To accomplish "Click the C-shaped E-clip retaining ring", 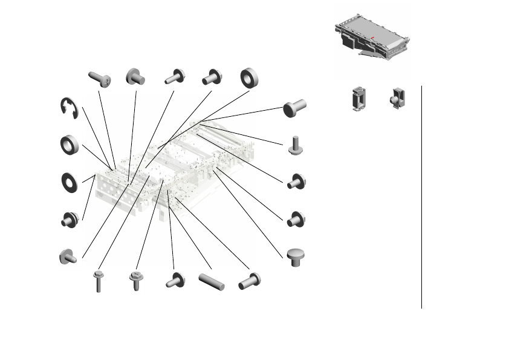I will pyautogui.click(x=68, y=108).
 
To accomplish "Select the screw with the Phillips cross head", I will pyautogui.click(x=99, y=79).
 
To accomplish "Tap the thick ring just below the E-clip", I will pyautogui.click(x=70, y=145).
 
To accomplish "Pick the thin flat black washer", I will pyautogui.click(x=70, y=182).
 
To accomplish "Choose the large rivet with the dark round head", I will pyautogui.click(x=295, y=108).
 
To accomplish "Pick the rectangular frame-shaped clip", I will pyautogui.click(x=359, y=97).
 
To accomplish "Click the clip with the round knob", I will pyautogui.click(x=397, y=98).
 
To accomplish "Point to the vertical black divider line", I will pyautogui.click(x=421, y=197).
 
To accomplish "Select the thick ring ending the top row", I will pyautogui.click(x=249, y=77).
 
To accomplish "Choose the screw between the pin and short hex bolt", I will pyautogui.click(x=176, y=280).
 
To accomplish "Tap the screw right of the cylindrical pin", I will pyautogui.click(x=249, y=281).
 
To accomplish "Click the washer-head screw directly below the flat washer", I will pyautogui.click(x=69, y=220).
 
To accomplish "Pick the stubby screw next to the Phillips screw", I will pyautogui.click(x=135, y=77).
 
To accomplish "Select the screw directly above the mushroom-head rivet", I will pyautogui.click(x=296, y=219).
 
